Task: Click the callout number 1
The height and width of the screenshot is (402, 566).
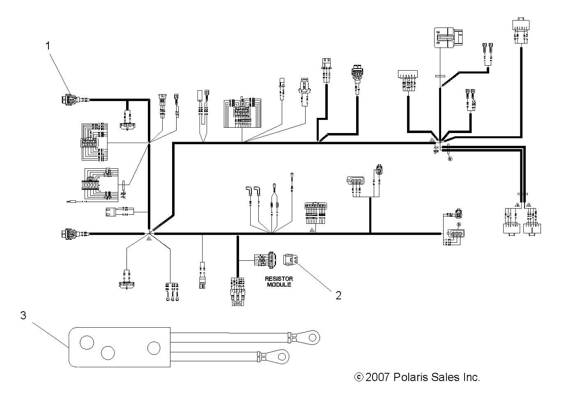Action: click(48, 46)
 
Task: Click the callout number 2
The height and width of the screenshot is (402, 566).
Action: click(338, 295)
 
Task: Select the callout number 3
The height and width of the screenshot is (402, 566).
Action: click(23, 315)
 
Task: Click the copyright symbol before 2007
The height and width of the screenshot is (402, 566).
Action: click(359, 377)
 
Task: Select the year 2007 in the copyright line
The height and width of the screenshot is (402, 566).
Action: click(378, 377)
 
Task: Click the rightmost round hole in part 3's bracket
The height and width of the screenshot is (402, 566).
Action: click(154, 348)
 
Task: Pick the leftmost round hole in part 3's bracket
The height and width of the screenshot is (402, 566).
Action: click(87, 342)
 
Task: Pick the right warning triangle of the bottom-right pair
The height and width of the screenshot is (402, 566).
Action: click(528, 204)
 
